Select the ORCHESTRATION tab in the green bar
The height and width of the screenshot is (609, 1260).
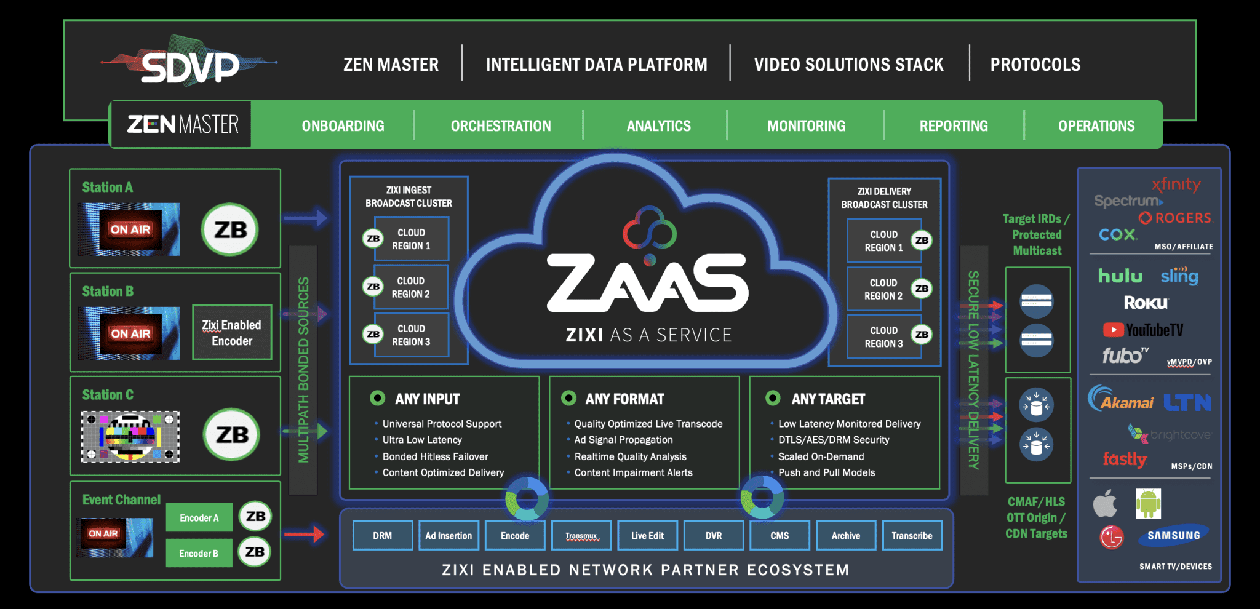(x=501, y=126)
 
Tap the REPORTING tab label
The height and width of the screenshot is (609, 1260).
(x=954, y=126)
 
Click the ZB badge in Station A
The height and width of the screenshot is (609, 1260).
(x=230, y=230)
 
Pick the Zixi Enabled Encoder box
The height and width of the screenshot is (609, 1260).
(x=232, y=333)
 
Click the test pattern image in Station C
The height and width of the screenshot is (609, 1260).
(x=130, y=437)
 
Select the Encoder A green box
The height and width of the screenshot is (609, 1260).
(x=199, y=518)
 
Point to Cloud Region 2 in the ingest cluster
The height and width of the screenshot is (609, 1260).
(x=411, y=287)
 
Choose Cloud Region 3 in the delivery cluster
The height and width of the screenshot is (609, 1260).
(x=884, y=337)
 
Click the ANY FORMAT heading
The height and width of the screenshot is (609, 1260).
(x=624, y=399)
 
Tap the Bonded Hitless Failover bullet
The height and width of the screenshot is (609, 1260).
(x=435, y=456)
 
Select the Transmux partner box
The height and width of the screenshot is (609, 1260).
(x=581, y=536)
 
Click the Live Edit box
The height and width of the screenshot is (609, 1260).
(x=647, y=536)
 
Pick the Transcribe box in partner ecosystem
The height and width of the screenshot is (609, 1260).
(x=912, y=536)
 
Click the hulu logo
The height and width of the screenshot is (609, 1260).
(x=1120, y=276)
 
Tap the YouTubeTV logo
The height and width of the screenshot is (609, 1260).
(x=1143, y=330)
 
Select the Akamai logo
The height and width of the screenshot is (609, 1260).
(x=1121, y=400)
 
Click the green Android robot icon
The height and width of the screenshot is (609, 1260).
(x=1148, y=503)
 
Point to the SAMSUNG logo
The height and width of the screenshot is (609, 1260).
(x=1173, y=535)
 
